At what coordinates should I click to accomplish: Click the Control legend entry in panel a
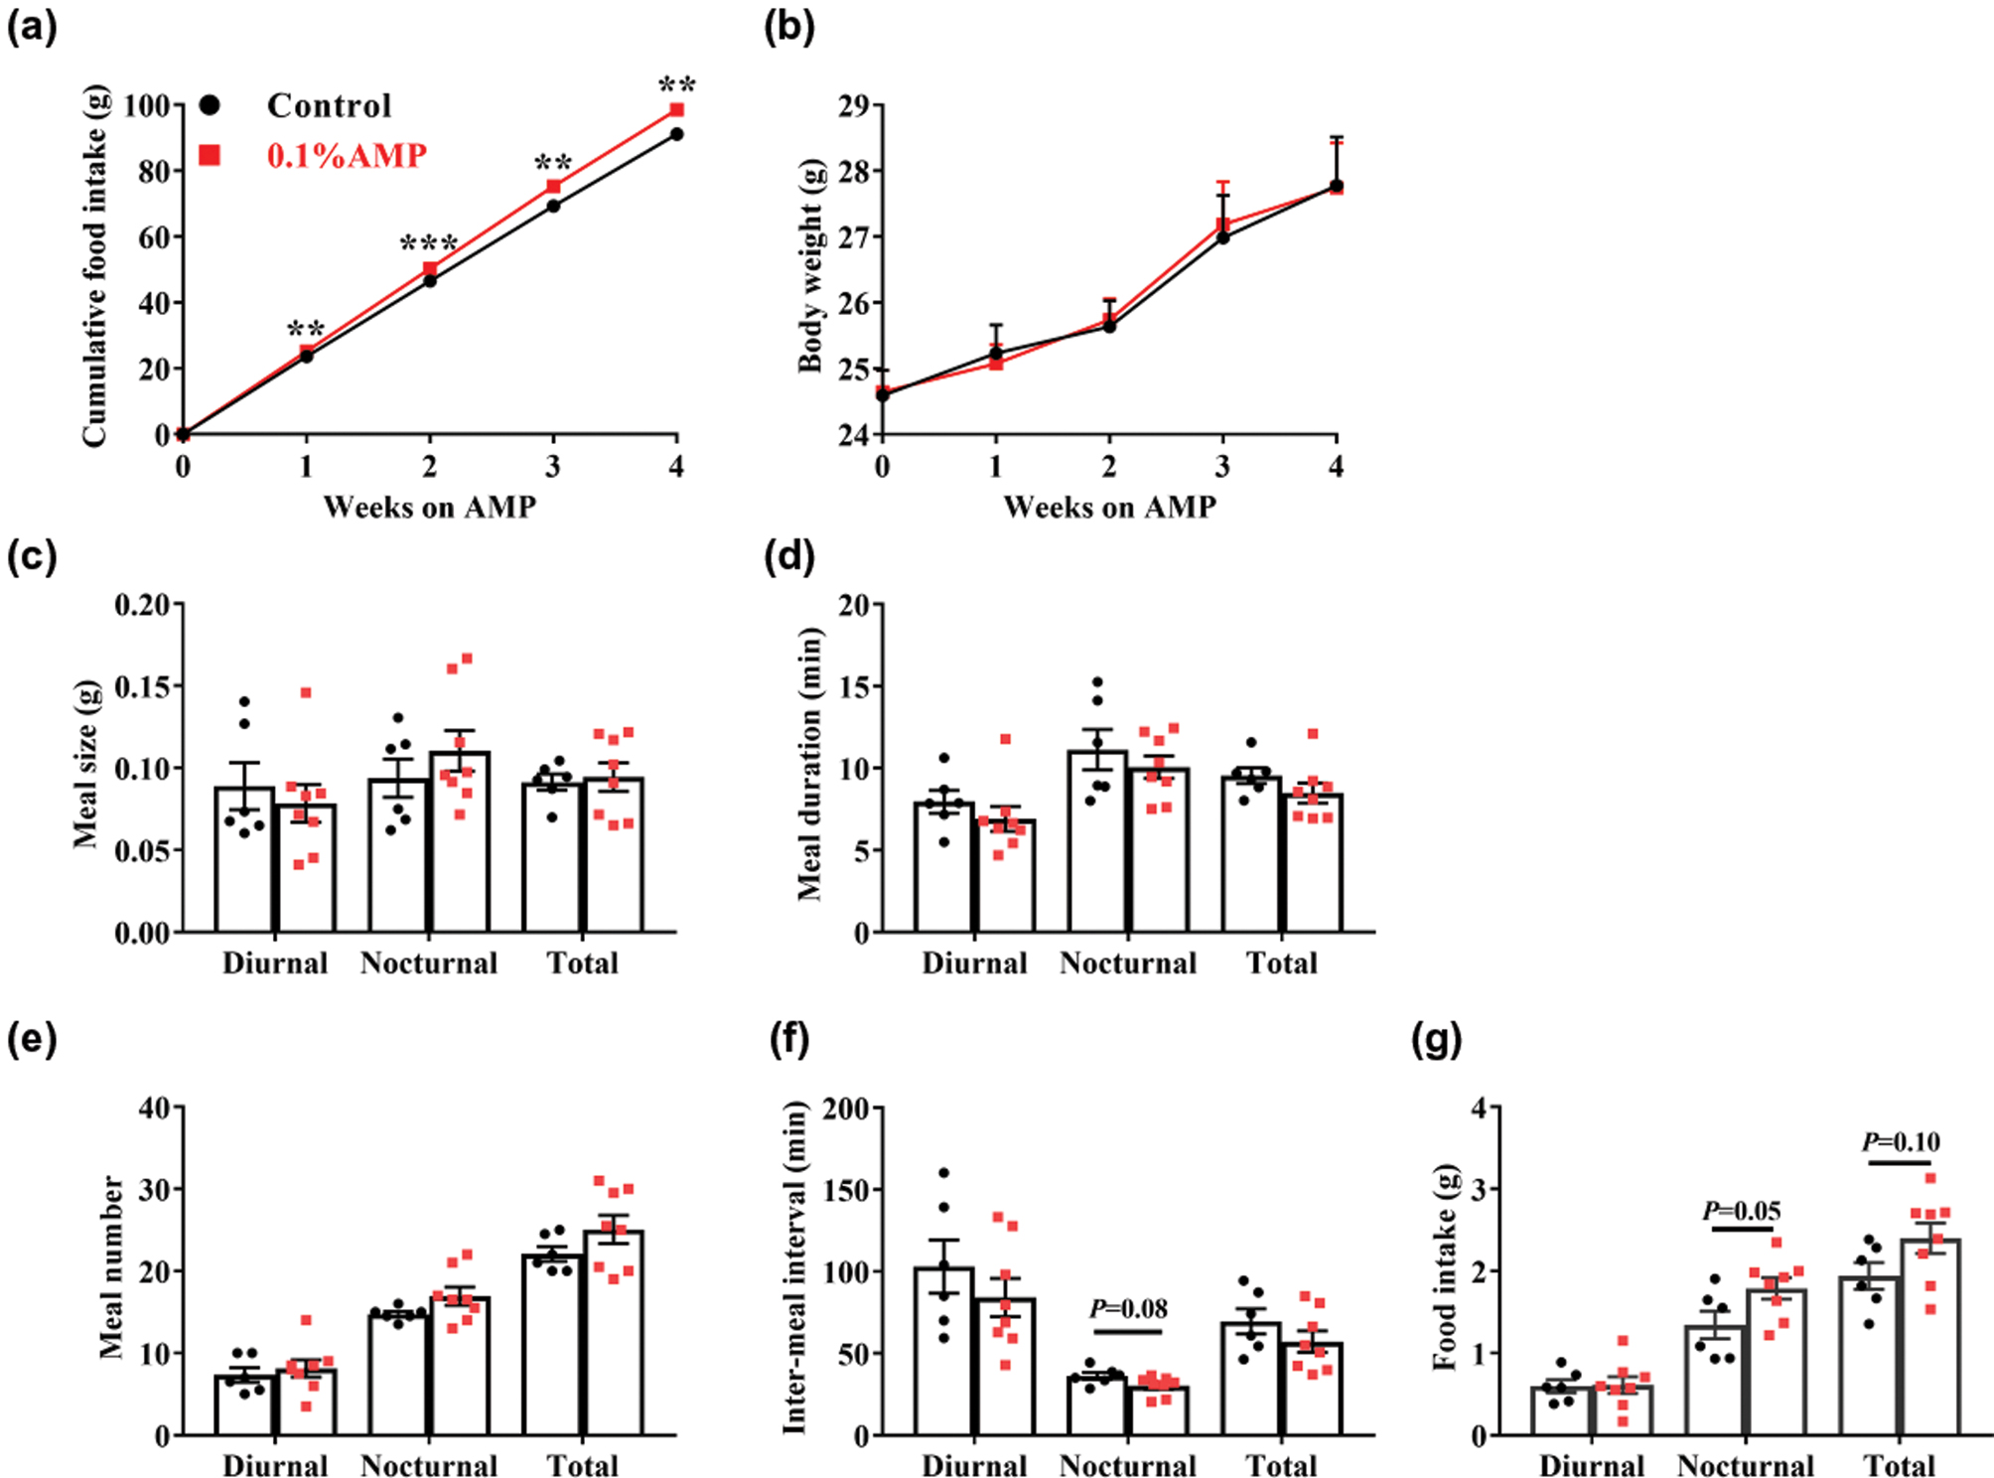329,105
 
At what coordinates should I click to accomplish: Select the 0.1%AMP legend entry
347,155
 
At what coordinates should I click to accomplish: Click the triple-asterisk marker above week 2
429,244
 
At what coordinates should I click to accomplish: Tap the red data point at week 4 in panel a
676,109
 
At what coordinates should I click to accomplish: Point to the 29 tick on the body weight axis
853,105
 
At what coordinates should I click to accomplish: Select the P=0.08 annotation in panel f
1128,1309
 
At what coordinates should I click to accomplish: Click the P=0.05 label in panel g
1741,1211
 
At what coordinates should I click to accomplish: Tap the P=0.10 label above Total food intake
1900,1142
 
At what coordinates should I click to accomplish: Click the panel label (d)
789,556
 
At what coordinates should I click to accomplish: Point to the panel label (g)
1436,1040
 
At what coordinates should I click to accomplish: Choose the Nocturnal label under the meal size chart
429,962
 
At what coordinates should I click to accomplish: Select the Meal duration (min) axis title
810,765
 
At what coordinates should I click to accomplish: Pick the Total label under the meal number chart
583,1465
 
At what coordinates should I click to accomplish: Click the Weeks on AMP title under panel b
1109,508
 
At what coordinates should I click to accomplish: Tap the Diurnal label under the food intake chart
1592,1465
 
